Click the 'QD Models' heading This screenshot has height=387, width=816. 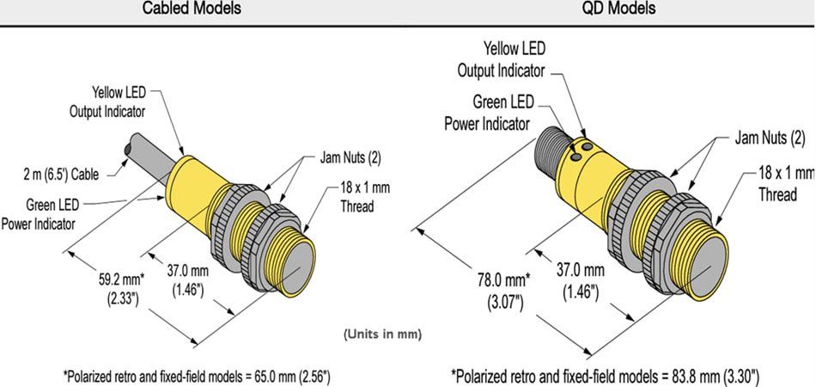pyautogui.click(x=618, y=9)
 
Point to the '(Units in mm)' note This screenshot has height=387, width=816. pyautogui.click(x=382, y=333)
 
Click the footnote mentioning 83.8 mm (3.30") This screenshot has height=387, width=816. pyautogui.click(x=605, y=376)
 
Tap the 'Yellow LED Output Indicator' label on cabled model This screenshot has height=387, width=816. pyautogui.click(x=107, y=101)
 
